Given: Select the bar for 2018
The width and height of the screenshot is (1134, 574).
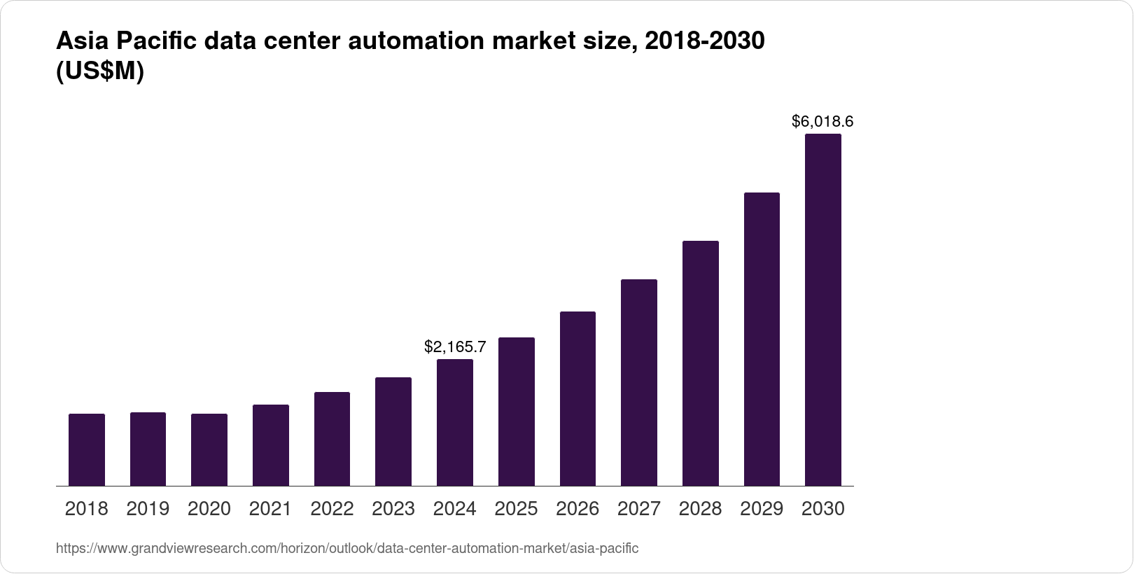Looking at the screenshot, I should pyautogui.click(x=87, y=449).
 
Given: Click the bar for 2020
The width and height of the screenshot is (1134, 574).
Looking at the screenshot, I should pyautogui.click(x=209, y=449).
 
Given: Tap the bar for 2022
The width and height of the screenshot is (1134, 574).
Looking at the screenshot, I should pyautogui.click(x=332, y=439).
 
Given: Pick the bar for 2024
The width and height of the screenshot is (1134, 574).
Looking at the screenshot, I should pyautogui.click(x=455, y=422).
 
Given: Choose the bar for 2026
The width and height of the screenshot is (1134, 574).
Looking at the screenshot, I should pyautogui.click(x=577, y=398).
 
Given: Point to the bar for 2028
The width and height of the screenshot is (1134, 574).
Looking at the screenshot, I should pyautogui.click(x=700, y=363).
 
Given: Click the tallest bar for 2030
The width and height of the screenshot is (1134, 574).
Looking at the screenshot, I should pyautogui.click(x=823, y=309).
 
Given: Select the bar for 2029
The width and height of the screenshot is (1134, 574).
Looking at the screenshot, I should pyautogui.click(x=762, y=339).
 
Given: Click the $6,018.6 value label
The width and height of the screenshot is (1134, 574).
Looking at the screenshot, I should pyautogui.click(x=822, y=122).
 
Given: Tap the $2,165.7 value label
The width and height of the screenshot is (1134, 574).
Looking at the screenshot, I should pyautogui.click(x=455, y=346).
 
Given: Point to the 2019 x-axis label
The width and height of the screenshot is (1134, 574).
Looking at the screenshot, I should pyautogui.click(x=148, y=509).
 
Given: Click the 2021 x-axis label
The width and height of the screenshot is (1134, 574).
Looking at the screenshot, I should pyautogui.click(x=270, y=509).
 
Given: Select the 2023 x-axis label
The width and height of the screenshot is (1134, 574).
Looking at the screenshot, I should pyautogui.click(x=393, y=509).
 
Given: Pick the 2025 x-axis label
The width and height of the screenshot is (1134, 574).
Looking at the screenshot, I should pyautogui.click(x=516, y=509).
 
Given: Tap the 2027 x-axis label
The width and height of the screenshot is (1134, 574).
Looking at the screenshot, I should pyautogui.click(x=639, y=509).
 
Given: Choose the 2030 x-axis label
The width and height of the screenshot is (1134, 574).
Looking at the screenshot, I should pyautogui.click(x=823, y=509).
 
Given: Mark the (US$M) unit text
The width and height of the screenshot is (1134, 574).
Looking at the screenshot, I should pyautogui.click(x=99, y=71).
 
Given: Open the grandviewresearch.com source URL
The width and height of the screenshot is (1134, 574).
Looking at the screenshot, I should pyautogui.click(x=347, y=548).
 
